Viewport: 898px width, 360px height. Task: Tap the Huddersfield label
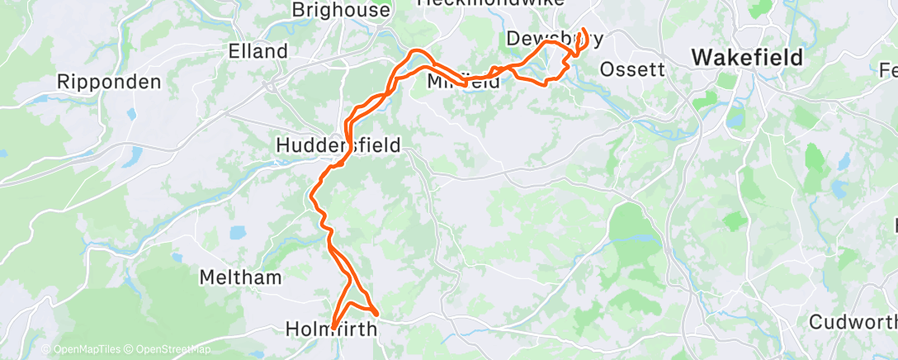tap(338, 145)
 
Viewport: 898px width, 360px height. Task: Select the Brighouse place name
tap(341, 11)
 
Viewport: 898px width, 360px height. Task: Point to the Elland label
tap(258, 51)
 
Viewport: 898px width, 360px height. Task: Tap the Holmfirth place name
tap(331, 329)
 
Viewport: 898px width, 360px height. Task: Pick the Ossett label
tap(632, 69)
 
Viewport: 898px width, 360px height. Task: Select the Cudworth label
tap(853, 321)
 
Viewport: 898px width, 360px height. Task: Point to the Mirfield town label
tap(464, 82)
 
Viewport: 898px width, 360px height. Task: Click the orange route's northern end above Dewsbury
tap(584, 31)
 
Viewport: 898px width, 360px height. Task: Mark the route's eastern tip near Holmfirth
tap(377, 314)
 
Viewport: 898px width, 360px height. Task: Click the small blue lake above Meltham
tap(238, 233)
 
